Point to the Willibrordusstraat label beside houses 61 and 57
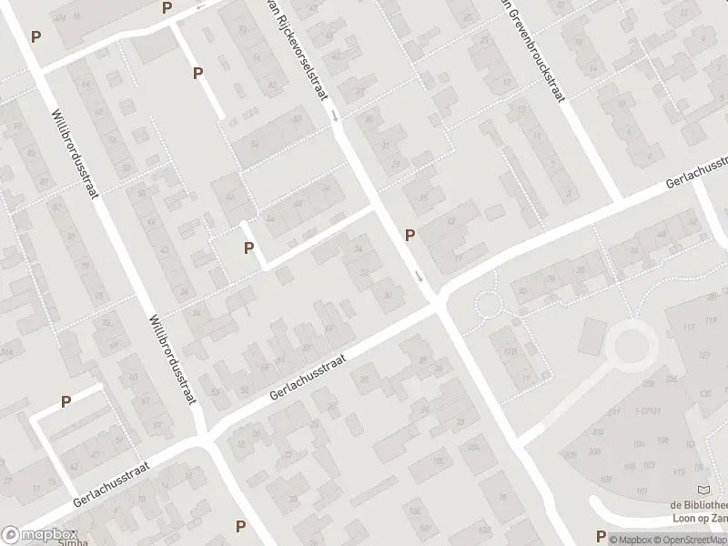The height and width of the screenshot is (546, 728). click(x=174, y=360)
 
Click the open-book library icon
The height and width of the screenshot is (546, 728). click(x=703, y=490)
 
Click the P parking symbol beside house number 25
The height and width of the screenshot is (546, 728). click(x=410, y=235)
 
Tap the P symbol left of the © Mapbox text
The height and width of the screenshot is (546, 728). click(x=601, y=535)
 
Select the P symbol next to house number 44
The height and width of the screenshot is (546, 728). click(x=248, y=248)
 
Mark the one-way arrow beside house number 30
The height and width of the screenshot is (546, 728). click(x=419, y=276)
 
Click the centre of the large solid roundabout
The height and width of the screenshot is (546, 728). click(x=630, y=346)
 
